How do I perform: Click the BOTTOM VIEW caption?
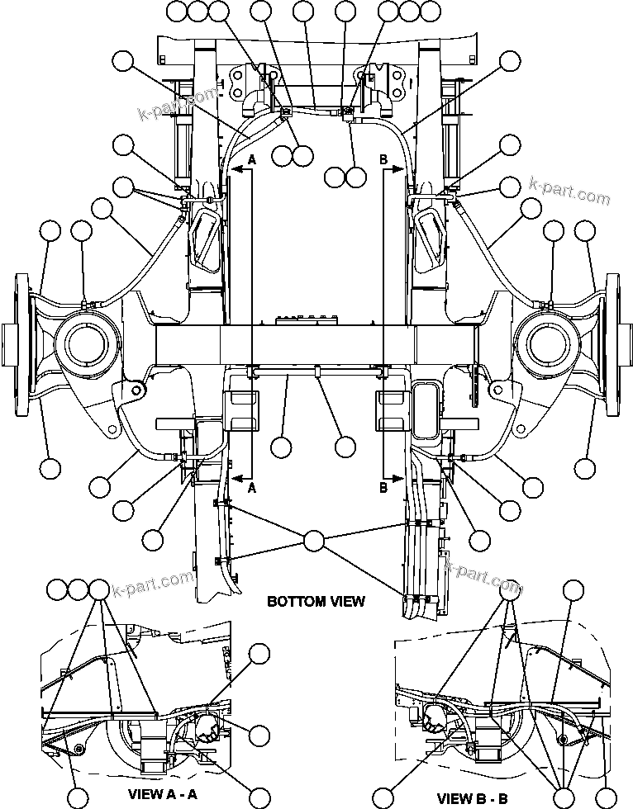[x=316, y=601]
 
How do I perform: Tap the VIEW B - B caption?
[x=478, y=797]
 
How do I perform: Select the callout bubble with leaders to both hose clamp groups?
[x=314, y=542]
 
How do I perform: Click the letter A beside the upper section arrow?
[x=252, y=162]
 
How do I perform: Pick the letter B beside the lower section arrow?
[x=383, y=488]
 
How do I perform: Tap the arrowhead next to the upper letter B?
[x=397, y=169]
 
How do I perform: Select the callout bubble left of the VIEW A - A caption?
[x=78, y=797]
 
